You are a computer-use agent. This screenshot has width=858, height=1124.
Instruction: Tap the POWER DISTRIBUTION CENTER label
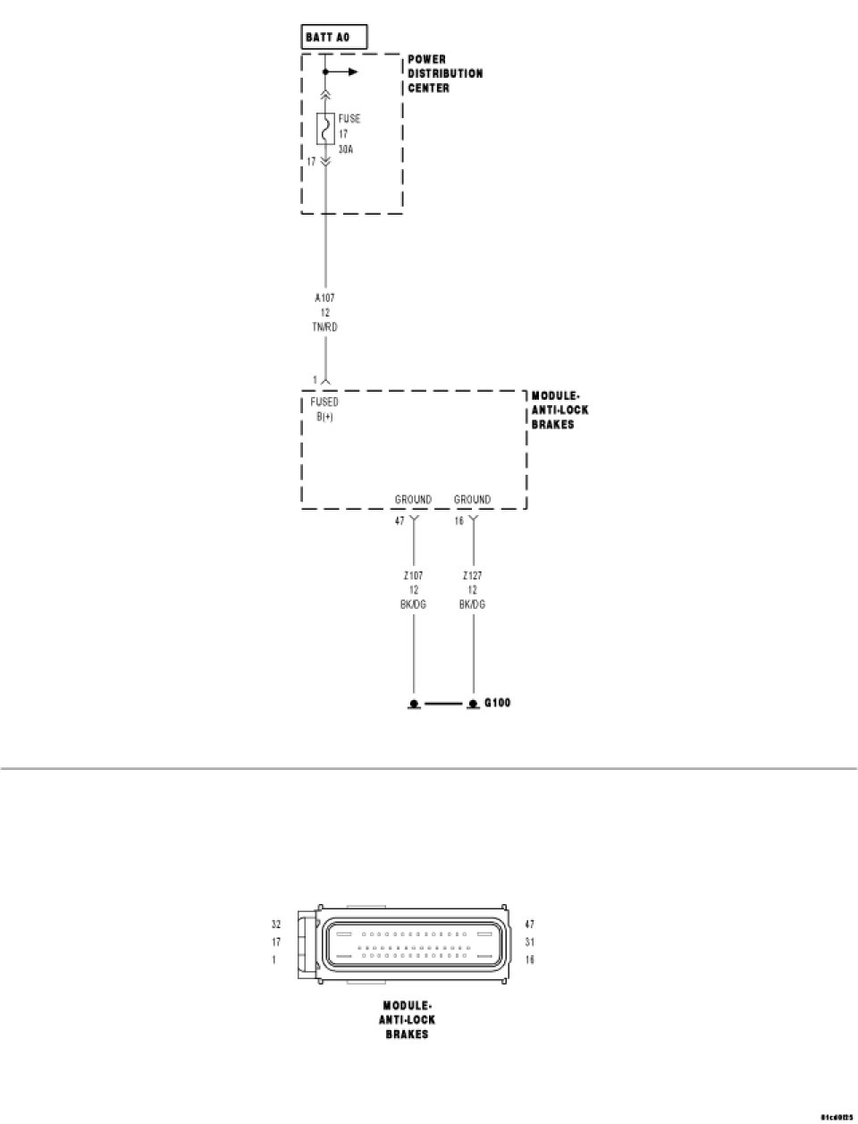click(x=445, y=74)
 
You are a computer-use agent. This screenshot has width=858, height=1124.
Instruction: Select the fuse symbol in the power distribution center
click(x=325, y=130)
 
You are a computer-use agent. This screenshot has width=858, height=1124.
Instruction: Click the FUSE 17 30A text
click(x=349, y=134)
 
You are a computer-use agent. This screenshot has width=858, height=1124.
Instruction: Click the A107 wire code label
click(x=325, y=298)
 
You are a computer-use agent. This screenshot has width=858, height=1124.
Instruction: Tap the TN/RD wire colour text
click(x=325, y=327)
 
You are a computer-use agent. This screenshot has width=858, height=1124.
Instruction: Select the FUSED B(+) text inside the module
click(x=324, y=410)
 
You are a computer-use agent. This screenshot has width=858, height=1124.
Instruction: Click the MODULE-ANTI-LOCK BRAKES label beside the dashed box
click(x=560, y=410)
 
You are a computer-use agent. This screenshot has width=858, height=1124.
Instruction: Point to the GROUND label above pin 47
click(x=413, y=500)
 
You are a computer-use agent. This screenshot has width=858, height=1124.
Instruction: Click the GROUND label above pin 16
click(x=472, y=500)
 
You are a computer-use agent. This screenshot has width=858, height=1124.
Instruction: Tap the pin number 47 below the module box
click(x=400, y=520)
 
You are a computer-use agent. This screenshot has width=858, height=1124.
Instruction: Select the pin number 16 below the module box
click(x=459, y=520)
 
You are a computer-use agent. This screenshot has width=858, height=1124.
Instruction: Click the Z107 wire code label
click(x=413, y=576)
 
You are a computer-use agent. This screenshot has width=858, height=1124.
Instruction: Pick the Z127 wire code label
click(x=472, y=576)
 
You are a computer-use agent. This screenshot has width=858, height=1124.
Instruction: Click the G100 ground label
click(x=497, y=703)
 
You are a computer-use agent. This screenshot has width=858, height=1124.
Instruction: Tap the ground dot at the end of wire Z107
click(x=414, y=705)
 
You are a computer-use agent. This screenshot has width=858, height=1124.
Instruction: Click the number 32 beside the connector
click(x=276, y=924)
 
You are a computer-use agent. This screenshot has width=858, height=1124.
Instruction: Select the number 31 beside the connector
click(x=530, y=942)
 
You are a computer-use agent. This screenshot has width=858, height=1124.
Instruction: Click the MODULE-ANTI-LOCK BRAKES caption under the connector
click(x=407, y=1019)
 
